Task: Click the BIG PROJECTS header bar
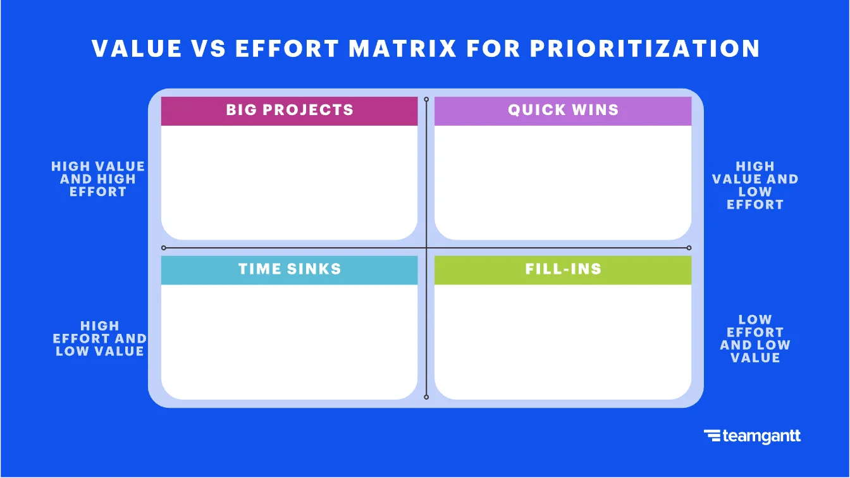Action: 289,111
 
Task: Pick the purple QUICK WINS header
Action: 563,111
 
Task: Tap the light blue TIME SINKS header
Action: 289,270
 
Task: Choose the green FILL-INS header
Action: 563,270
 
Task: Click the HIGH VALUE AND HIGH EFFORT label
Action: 98,179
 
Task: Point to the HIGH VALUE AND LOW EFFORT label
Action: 755,185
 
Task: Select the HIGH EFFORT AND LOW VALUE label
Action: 100,339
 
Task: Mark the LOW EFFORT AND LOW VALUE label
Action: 755,339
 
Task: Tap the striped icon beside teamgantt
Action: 712,436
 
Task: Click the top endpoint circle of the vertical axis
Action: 426,99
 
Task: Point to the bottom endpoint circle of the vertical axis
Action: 426,397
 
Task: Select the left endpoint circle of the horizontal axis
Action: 164,248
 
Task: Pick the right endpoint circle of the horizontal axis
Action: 689,248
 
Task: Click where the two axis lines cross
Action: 426,248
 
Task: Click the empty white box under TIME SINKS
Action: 289,341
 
